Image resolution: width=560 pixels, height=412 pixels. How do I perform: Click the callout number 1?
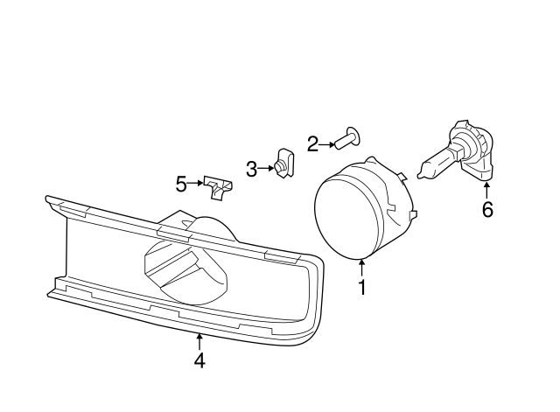(x=361, y=286)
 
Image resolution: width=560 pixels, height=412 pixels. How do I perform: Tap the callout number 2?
(x=312, y=143)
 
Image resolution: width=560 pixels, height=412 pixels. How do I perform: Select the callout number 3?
(x=252, y=169)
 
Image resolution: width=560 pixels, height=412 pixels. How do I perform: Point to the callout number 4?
(x=199, y=360)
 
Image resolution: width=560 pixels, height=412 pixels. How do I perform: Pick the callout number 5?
(x=181, y=184)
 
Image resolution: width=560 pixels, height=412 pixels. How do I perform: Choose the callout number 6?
(x=487, y=210)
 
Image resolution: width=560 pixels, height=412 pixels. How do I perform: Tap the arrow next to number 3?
(x=267, y=168)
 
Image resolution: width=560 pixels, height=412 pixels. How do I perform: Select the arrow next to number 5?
(x=197, y=184)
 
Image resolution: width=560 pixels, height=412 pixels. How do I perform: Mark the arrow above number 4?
(x=199, y=339)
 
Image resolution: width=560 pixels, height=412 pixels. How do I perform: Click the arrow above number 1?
(x=361, y=265)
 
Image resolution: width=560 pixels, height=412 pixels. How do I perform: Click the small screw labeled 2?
(x=351, y=137)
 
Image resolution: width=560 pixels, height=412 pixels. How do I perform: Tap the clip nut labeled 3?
(x=283, y=163)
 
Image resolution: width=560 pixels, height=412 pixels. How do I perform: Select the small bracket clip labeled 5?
(x=220, y=185)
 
